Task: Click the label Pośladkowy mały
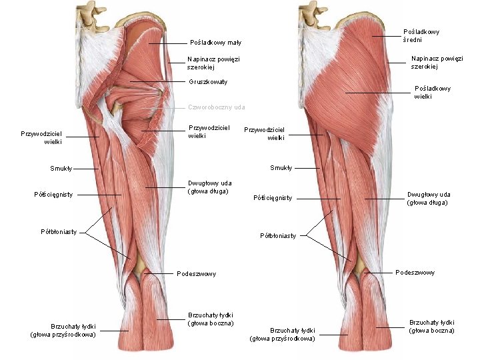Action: click(x=215, y=43)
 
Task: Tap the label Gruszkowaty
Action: click(x=208, y=82)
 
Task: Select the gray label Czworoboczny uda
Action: click(x=216, y=107)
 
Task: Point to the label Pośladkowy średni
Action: click(x=421, y=35)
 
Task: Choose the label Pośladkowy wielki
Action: click(x=432, y=92)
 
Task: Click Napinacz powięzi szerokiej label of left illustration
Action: click(x=213, y=63)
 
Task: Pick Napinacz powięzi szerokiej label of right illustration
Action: click(x=437, y=62)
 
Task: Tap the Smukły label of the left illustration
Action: click(x=61, y=168)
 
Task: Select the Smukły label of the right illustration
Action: click(x=281, y=167)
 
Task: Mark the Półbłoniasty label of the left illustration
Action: click(x=58, y=232)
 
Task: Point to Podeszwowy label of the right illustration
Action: click(x=415, y=272)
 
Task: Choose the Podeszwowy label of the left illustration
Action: click(x=196, y=273)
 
